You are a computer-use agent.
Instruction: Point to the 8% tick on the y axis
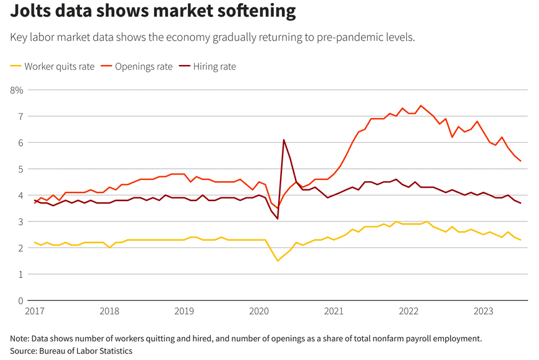click(17, 90)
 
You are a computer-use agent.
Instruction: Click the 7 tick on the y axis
click(20, 116)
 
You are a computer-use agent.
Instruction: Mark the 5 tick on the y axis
click(20, 169)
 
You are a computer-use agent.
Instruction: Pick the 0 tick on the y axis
click(20, 301)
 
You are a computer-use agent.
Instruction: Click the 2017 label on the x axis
click(35, 311)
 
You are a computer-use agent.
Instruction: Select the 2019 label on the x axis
click(184, 311)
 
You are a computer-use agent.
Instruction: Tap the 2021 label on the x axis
click(334, 311)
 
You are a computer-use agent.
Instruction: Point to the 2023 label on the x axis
click(483, 311)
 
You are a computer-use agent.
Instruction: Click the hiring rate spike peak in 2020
click(284, 140)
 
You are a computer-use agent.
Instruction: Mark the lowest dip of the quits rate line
click(278, 261)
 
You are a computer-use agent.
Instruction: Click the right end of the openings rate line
click(521, 161)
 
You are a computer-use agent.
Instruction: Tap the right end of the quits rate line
click(521, 240)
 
